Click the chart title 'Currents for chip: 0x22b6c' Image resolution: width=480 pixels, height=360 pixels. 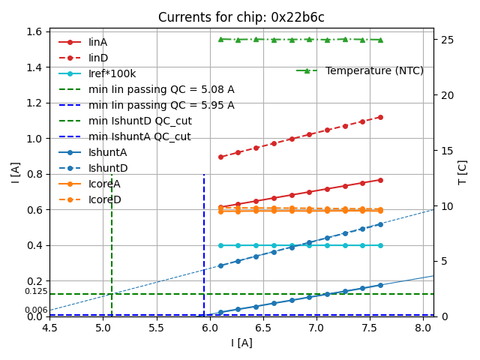[241, 17]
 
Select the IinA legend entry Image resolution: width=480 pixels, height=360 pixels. [97, 42]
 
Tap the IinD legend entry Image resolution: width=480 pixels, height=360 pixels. [97, 58]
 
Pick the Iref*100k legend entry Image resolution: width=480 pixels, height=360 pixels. [112, 73]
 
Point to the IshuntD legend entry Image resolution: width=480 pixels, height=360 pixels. [107, 168]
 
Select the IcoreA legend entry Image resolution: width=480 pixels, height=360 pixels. [104, 184]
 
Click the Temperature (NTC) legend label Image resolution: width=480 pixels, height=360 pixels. [374, 70]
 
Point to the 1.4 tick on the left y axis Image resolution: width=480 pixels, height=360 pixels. [33, 67]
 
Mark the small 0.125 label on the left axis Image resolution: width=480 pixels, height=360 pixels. [35, 291]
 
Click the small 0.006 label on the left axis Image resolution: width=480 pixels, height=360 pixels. [35, 310]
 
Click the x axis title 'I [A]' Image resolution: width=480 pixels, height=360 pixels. [241, 343]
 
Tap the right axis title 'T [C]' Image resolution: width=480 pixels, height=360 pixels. [463, 172]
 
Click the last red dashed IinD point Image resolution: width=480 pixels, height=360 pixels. [380, 117]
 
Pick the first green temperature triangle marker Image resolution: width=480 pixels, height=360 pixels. [220, 39]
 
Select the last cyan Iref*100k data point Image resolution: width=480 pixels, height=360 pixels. [380, 245]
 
